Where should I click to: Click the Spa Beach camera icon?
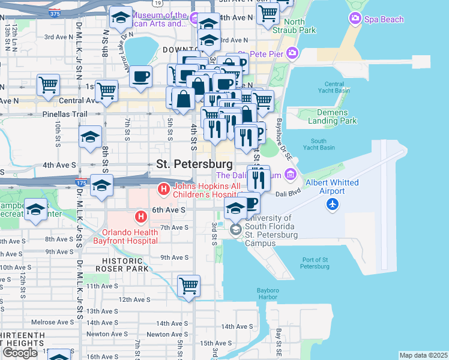click(x=355, y=19)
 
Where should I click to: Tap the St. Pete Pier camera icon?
click(x=292, y=53)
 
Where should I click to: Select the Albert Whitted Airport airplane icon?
click(x=333, y=205)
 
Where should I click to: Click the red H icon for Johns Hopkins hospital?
click(x=163, y=190)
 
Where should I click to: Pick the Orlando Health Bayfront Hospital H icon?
click(x=140, y=217)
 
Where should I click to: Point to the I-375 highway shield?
click(x=55, y=13)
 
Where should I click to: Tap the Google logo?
click(x=20, y=353)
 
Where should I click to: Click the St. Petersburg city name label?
click(x=194, y=163)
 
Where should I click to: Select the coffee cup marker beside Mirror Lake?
click(x=140, y=76)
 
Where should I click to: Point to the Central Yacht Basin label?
click(x=334, y=88)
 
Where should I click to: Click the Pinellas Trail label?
click(x=65, y=113)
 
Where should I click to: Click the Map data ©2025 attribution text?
click(x=423, y=355)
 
